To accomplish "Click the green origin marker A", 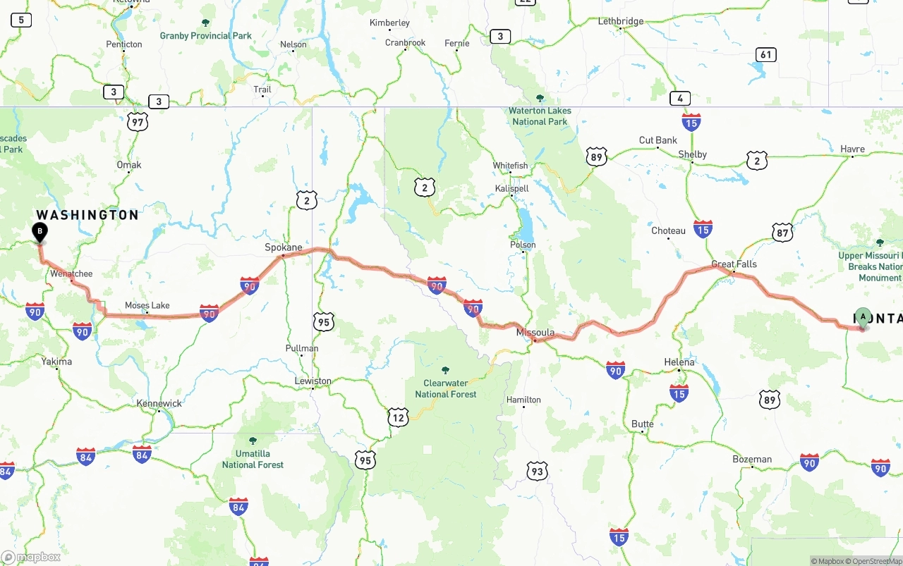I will [x=863, y=317].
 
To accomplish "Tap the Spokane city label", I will [x=283, y=247].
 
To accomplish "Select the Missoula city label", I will [x=535, y=332].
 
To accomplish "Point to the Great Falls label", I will [x=734, y=264].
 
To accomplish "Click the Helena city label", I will [x=679, y=362].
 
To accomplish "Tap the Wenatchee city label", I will [x=71, y=273].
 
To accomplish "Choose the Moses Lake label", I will [x=147, y=305].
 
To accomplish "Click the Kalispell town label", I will [x=511, y=189].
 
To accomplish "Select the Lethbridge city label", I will [x=621, y=21].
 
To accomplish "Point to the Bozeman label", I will [x=752, y=459].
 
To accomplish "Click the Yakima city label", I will [x=56, y=362].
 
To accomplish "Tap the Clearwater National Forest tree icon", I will [x=445, y=370].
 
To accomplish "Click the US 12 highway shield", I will [x=398, y=417].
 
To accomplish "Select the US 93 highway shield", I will [x=537, y=471].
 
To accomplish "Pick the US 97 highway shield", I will [x=138, y=122].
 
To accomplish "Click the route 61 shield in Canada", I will [x=766, y=54].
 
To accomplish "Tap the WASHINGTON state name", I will [x=87, y=215].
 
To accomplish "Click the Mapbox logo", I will [x=31, y=557].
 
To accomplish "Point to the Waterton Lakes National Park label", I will [x=540, y=116].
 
